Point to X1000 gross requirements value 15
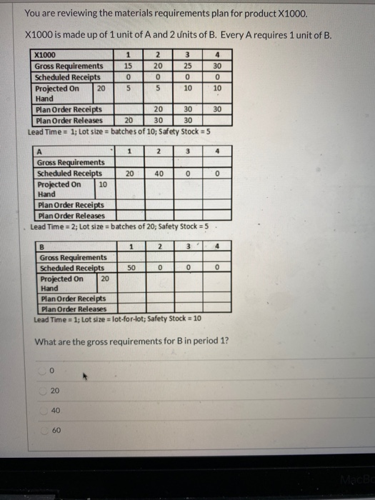click(127, 66)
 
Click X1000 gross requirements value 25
click(187, 66)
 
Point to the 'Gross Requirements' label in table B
click(73, 257)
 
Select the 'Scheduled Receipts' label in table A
click(69, 173)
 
